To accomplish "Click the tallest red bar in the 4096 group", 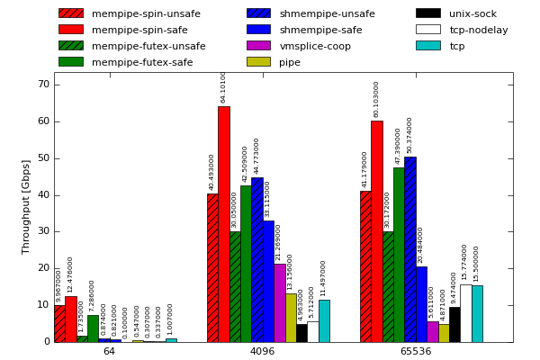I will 223,224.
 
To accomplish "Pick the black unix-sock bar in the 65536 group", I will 454,324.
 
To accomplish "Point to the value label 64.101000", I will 224,87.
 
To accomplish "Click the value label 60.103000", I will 377,99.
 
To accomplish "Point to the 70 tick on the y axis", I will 43,85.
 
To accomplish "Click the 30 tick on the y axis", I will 43,231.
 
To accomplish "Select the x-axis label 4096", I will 262,351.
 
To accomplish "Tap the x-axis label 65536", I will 416,351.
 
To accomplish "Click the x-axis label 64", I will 109,351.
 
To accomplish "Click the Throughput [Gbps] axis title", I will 26,207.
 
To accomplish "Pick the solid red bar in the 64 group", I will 70,319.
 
